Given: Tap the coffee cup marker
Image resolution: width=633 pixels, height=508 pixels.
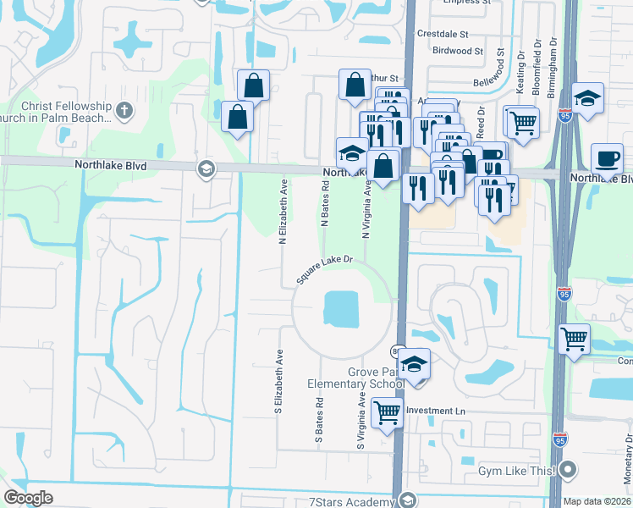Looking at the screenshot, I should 606,158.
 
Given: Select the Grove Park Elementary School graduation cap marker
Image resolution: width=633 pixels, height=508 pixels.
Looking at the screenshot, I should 413,364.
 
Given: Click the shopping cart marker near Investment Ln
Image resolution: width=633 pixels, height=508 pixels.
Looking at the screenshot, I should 387,413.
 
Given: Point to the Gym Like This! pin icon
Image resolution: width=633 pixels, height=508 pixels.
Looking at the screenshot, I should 569,469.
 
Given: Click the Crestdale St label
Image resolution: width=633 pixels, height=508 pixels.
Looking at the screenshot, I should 443,34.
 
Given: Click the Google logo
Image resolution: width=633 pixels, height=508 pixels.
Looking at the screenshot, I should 29,497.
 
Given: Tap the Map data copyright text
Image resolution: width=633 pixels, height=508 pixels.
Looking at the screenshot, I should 597,501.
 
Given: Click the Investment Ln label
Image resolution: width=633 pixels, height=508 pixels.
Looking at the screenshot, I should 436,411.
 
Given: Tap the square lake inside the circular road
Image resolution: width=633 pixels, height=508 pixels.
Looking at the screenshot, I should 341,308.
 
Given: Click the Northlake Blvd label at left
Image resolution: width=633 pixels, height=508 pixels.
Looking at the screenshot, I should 110,167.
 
